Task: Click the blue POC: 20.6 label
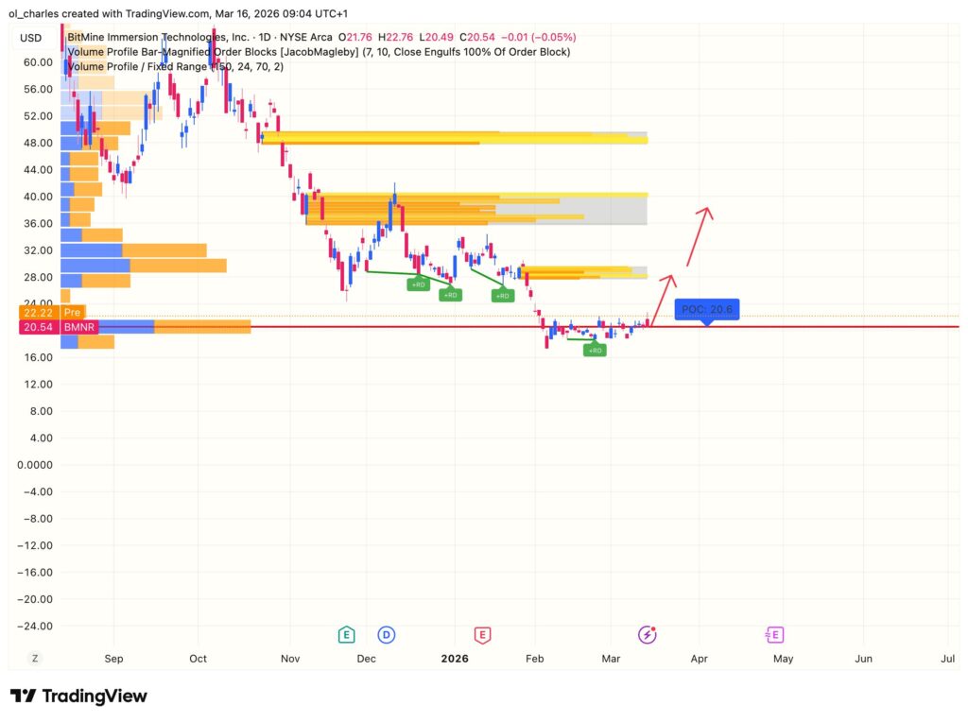point(707,309)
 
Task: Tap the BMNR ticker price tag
point(73,326)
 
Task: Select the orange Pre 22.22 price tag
point(73,312)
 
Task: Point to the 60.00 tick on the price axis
point(39,62)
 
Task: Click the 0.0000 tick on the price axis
point(35,465)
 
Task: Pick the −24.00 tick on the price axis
point(37,626)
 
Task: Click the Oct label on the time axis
point(198,658)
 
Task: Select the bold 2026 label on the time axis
point(456,658)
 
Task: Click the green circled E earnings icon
point(347,634)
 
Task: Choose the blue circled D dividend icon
point(386,634)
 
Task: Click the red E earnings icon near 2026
point(482,634)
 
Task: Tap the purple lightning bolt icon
point(647,634)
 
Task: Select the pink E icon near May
point(775,634)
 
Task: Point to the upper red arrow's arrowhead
point(705,210)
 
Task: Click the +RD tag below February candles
point(595,350)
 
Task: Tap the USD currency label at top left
point(30,38)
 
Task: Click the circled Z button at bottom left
point(35,658)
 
